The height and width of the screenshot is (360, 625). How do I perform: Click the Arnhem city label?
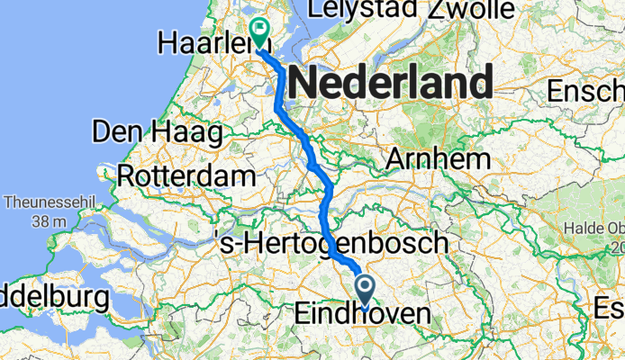click(x=438, y=159)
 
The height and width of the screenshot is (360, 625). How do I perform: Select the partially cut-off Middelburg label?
click(x=52, y=297)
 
